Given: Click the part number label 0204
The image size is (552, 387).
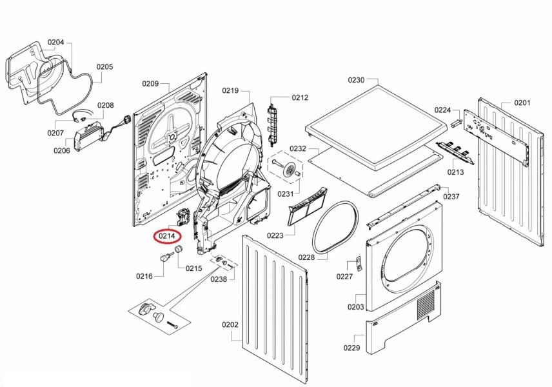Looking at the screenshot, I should pyautogui.click(x=56, y=43).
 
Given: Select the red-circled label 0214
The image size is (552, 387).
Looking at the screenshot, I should pyautogui.click(x=167, y=237).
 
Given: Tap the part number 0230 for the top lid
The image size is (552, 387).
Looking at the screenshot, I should pyautogui.click(x=356, y=80).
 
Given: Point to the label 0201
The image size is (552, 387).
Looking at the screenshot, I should pyautogui.click(x=522, y=103).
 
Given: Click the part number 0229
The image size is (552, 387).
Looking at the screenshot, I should pyautogui.click(x=351, y=348).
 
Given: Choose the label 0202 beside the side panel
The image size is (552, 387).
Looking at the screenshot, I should pyautogui.click(x=230, y=324).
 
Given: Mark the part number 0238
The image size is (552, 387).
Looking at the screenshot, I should pyautogui.click(x=219, y=279).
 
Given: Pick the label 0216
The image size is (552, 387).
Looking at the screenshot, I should pyautogui.click(x=144, y=276).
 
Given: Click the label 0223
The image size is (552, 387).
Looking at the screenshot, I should pyautogui.click(x=275, y=235).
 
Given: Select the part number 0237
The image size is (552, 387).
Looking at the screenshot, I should pyautogui.click(x=451, y=197).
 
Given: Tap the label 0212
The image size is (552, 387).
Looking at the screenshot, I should pyautogui.click(x=300, y=97).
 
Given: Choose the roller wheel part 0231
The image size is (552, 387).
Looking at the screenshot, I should pyautogui.click(x=288, y=170).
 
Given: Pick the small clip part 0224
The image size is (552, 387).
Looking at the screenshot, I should pyautogui.click(x=455, y=121).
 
